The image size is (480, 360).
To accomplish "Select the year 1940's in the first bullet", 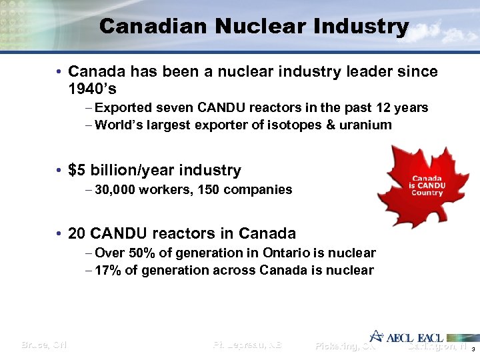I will [x=93, y=87].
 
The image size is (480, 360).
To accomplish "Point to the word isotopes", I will [x=297, y=125].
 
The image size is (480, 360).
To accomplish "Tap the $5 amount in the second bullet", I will [x=77, y=171].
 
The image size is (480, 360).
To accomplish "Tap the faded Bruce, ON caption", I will [x=44, y=345].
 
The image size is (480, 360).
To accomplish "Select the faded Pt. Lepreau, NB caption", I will [x=247, y=345].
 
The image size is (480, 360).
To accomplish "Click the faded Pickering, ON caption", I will [x=345, y=346].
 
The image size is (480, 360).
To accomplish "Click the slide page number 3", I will [x=472, y=350].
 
